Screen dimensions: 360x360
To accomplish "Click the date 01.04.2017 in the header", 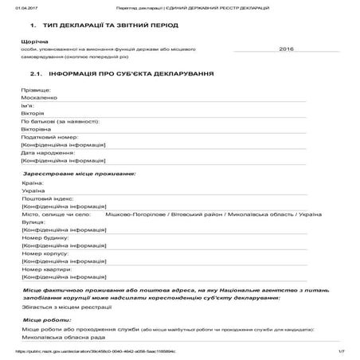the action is coord(16,7).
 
